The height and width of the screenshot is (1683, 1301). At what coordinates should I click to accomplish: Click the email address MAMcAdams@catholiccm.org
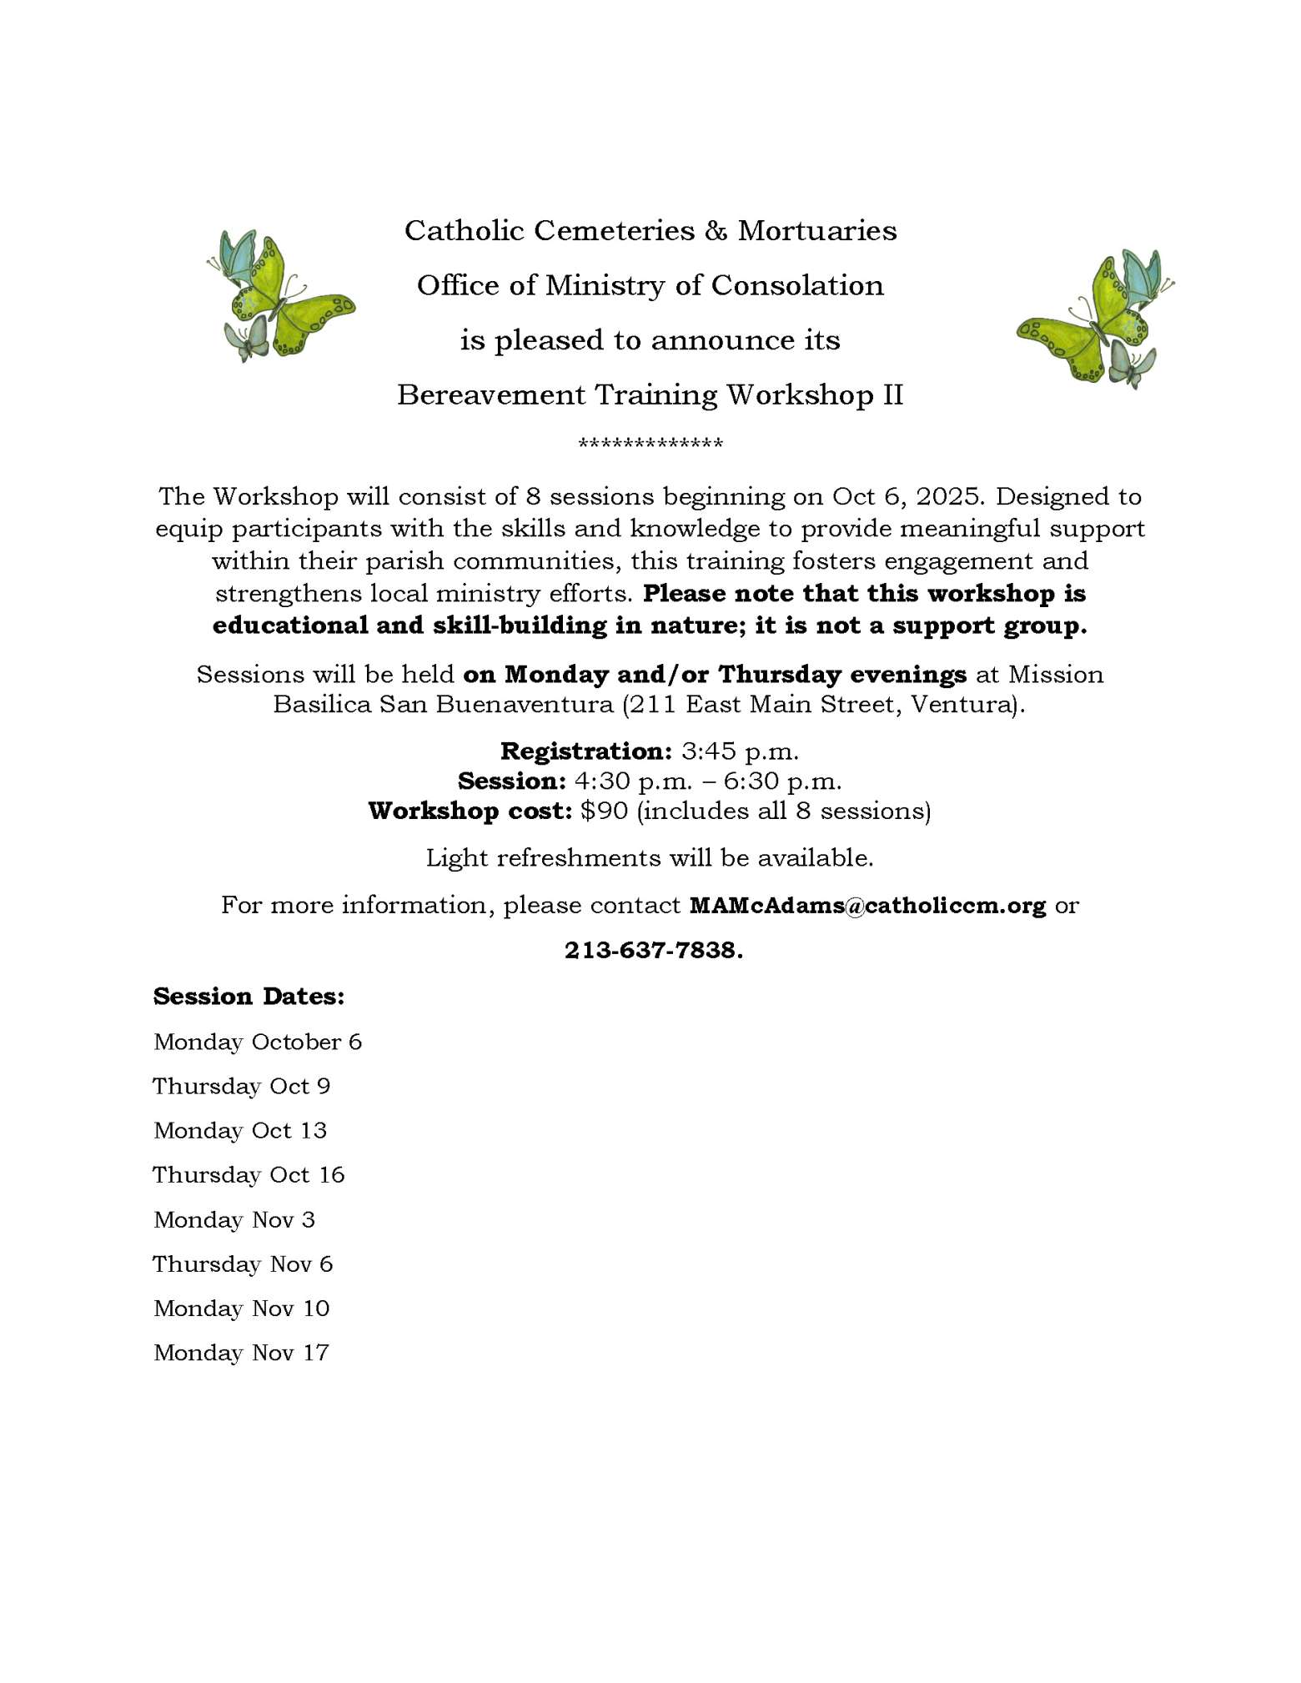pyautogui.click(x=867, y=906)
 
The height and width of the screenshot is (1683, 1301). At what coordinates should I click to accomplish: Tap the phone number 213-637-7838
pyautogui.click(x=653, y=951)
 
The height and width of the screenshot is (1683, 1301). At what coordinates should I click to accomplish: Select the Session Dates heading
pyautogui.click(x=249, y=997)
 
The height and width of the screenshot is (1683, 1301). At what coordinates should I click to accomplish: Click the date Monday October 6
pyautogui.click(x=258, y=1042)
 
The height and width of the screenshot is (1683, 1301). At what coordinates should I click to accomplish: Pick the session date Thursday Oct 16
pyautogui.click(x=249, y=1175)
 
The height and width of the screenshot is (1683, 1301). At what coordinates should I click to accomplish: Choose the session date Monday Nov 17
pyautogui.click(x=241, y=1353)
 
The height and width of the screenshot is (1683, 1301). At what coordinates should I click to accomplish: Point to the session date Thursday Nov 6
pyautogui.click(x=243, y=1264)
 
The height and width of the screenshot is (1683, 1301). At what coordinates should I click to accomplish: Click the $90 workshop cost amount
pyautogui.click(x=604, y=811)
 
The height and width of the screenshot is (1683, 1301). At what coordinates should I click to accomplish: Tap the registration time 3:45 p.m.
pyautogui.click(x=740, y=751)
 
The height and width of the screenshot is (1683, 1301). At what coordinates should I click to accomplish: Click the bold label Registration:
pyautogui.click(x=585, y=751)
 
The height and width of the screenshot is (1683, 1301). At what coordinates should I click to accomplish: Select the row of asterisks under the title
pyautogui.click(x=650, y=444)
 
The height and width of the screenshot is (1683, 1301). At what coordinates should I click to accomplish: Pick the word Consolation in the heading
pyautogui.click(x=796, y=286)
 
